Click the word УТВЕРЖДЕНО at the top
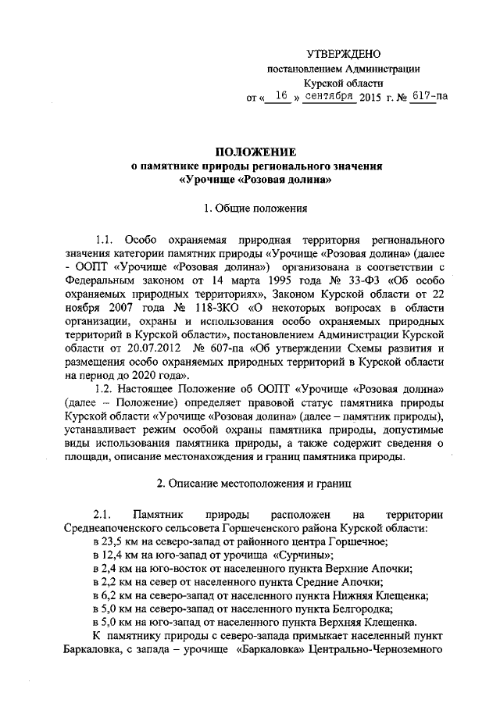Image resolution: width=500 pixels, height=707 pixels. pos(343,54)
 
